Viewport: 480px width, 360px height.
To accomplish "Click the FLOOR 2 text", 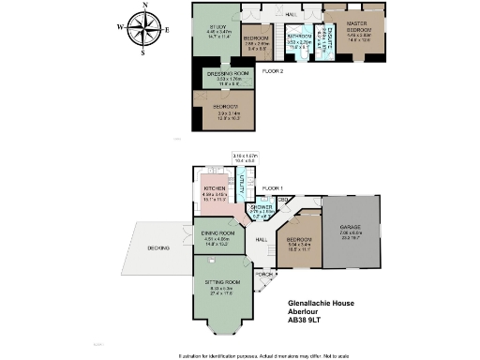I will (273, 70).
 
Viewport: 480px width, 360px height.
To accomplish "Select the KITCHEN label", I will (217, 188).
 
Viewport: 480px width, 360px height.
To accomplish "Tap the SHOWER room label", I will (262, 207).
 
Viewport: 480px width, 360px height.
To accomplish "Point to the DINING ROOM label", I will (217, 233).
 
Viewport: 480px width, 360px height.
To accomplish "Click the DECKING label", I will (157, 248).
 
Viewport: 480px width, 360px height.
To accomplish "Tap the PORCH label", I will (264, 274).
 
